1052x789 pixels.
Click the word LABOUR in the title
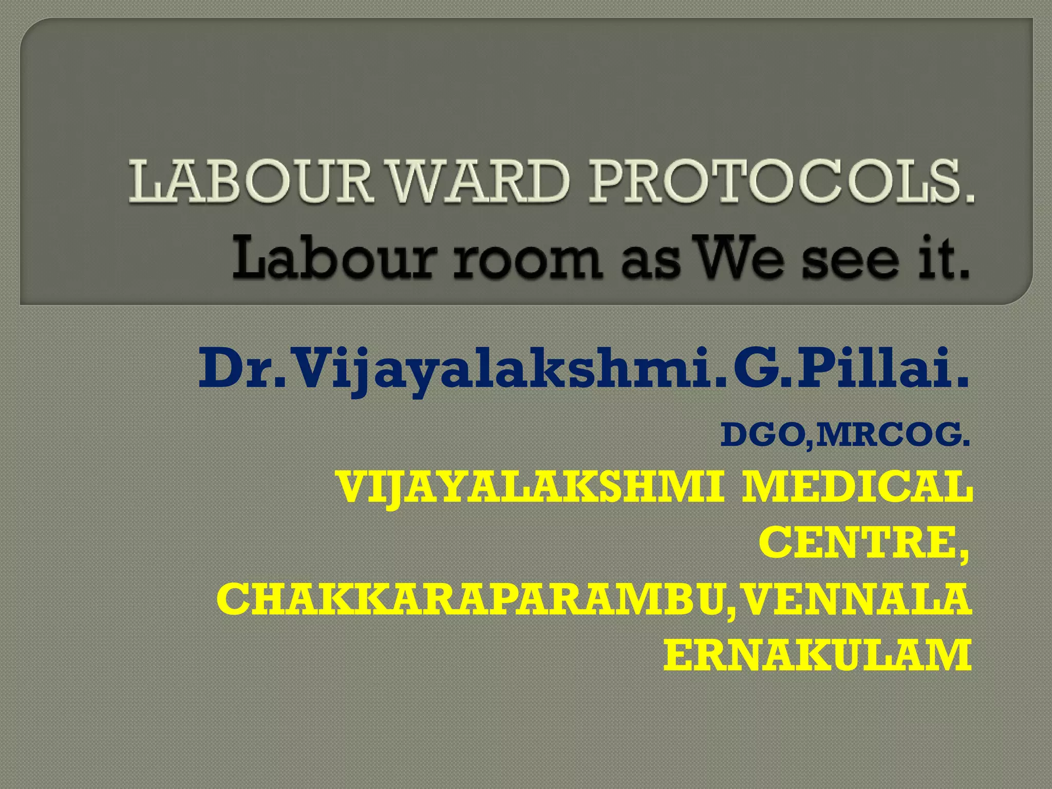[249, 181]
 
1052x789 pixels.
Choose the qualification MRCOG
[891, 435]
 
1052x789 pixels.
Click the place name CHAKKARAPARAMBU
[470, 599]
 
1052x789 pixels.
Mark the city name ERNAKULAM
[817, 655]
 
